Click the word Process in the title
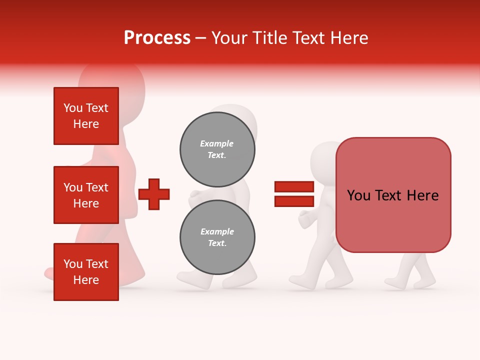(157, 38)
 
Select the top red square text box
(86, 116)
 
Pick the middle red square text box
(86, 195)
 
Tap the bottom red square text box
(86, 271)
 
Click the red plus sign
(154, 194)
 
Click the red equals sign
(294, 194)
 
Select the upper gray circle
(217, 149)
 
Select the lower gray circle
(217, 237)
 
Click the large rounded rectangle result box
(393, 195)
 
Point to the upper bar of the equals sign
(294, 187)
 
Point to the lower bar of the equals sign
(294, 201)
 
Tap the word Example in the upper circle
(216, 143)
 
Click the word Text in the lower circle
(216, 243)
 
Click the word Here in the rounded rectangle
(422, 195)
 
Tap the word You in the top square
(72, 108)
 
